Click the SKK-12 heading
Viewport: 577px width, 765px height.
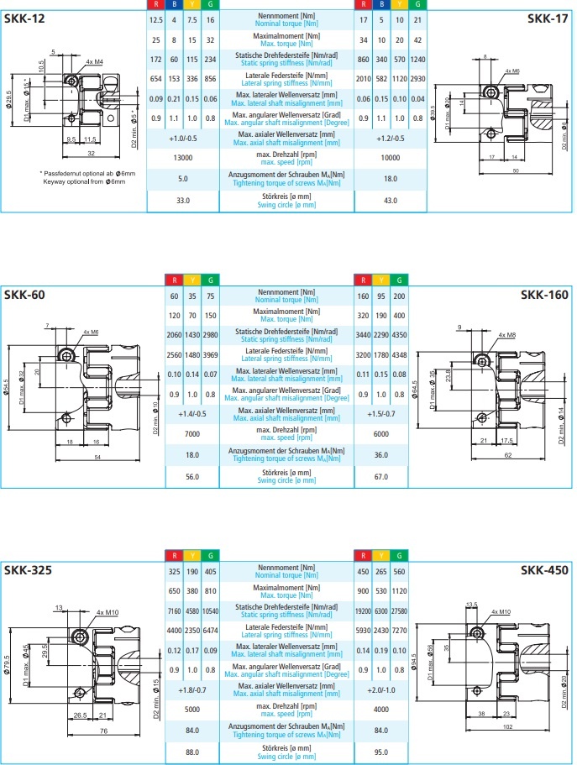tap(25, 18)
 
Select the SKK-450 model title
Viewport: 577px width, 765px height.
tap(544, 569)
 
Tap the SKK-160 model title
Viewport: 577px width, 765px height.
tap(544, 294)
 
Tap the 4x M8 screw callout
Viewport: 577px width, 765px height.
tap(506, 335)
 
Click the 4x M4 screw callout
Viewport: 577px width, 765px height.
tap(94, 62)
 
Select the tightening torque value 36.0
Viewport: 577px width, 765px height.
tap(380, 455)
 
